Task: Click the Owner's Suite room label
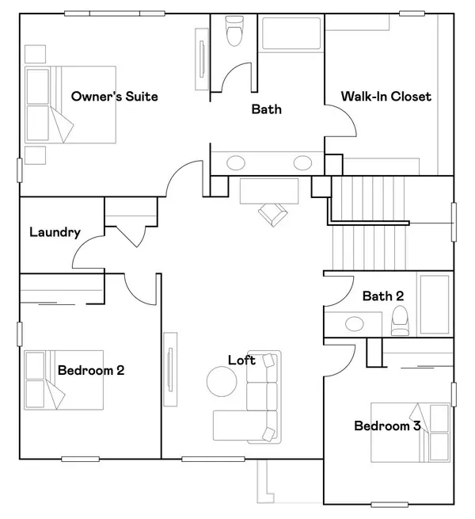[115, 97]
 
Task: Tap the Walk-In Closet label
[386, 97]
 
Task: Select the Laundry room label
[55, 232]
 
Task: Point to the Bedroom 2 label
[91, 370]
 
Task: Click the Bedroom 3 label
[387, 426]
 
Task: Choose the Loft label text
[241, 360]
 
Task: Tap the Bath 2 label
[383, 296]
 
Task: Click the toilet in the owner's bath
[234, 31]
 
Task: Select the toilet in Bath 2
[400, 320]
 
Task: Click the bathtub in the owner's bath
[291, 33]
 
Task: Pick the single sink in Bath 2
[355, 323]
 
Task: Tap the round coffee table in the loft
[222, 381]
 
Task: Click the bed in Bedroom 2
[63, 380]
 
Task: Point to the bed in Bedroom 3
[410, 433]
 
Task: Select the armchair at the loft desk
[273, 214]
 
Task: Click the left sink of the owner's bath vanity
[236, 163]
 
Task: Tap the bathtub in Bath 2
[435, 304]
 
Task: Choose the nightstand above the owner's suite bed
[35, 54]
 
